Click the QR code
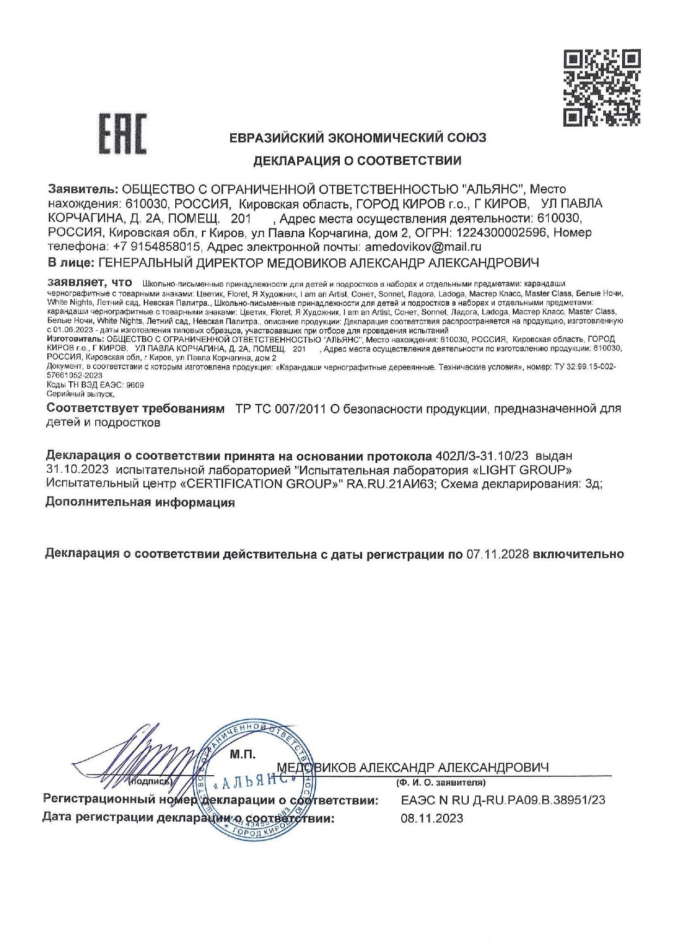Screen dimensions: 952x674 (601, 87)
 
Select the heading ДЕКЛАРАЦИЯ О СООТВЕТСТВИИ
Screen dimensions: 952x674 (358, 160)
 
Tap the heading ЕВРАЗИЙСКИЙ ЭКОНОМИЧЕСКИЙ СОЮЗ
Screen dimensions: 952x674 (358, 138)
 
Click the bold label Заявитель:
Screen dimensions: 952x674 (82, 189)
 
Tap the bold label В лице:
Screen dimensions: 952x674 (70, 263)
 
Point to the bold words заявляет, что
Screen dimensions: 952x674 (90, 283)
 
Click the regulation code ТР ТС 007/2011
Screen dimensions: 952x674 (279, 409)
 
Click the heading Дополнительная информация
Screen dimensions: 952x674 (140, 503)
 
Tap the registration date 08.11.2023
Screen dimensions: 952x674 (432, 818)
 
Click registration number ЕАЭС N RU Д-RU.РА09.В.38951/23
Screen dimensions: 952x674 (503, 800)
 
